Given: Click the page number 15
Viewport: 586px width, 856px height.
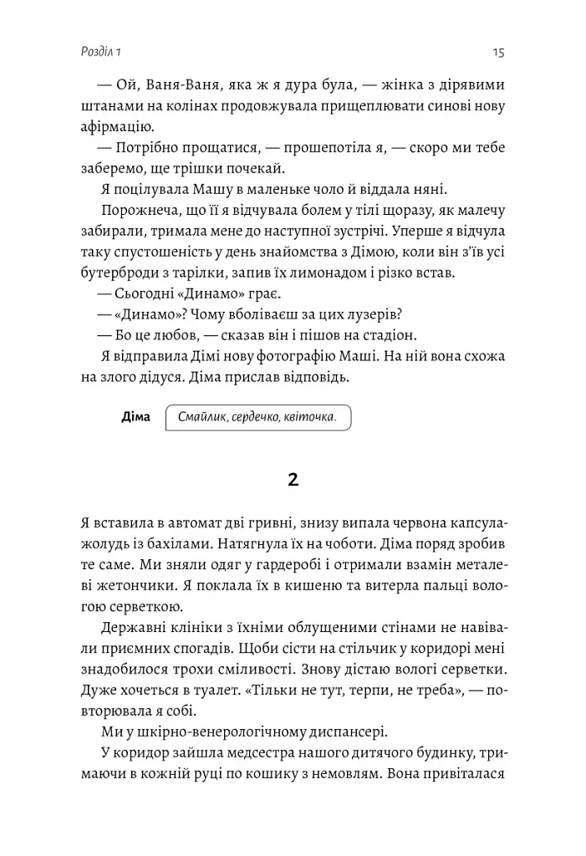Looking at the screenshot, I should coord(498,53).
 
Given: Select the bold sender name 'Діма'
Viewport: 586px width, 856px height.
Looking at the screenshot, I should coord(135,416).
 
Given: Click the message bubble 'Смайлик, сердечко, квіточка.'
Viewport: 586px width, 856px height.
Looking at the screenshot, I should coord(257,416).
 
